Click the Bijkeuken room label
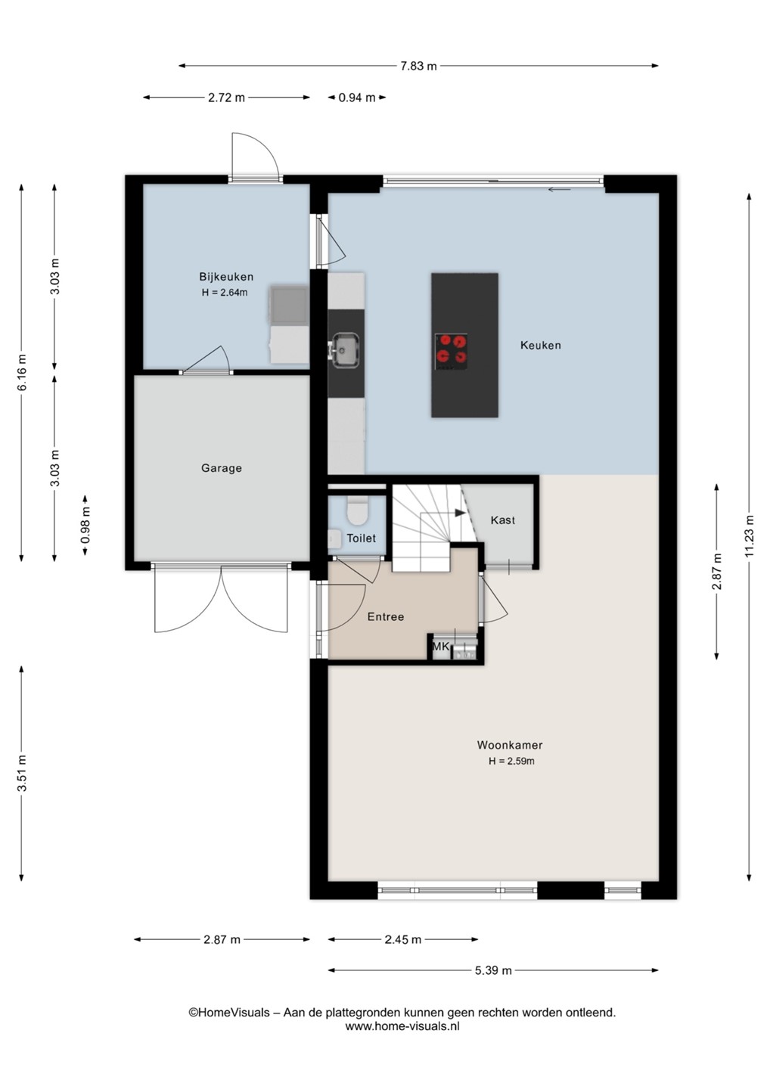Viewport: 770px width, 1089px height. coord(226,277)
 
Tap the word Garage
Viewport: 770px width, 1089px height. coord(221,467)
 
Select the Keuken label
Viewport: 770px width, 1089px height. coord(541,345)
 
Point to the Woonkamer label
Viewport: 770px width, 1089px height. coord(510,745)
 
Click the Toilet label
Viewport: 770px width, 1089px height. coord(362,538)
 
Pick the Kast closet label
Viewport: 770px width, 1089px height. coord(503,520)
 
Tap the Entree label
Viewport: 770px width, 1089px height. coord(386,617)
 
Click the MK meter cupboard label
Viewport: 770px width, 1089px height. coord(441,647)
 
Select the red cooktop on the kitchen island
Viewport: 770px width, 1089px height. coord(451,351)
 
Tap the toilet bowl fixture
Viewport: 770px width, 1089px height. coord(357,510)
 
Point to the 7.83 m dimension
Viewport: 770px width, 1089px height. coord(418,66)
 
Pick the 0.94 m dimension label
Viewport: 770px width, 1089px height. coord(357,98)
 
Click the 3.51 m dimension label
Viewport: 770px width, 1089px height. coord(22,774)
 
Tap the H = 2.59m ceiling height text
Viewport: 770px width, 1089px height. coord(511,762)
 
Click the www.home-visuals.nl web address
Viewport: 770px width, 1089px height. coord(402,1026)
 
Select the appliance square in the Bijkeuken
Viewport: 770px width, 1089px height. coord(289,305)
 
